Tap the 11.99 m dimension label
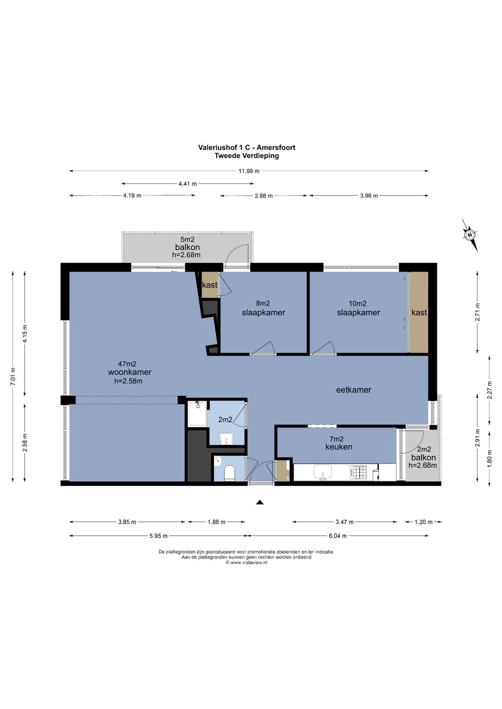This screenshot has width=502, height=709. [249, 171]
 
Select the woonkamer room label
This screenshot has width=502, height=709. [130, 372]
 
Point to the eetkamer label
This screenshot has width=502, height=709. [353, 390]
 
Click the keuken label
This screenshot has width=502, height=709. [338, 447]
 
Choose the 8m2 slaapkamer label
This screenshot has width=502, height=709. [264, 309]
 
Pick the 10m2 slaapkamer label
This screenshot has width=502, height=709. [358, 309]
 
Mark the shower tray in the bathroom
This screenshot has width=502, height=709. [198, 414]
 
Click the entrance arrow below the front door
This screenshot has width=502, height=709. [260, 502]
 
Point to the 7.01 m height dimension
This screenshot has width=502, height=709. [13, 376]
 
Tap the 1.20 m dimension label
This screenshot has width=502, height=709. [423, 522]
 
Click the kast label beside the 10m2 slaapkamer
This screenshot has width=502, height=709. [419, 313]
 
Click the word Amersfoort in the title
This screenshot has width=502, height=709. [276, 147]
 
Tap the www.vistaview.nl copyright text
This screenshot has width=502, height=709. [246, 563]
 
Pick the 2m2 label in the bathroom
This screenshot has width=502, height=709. [225, 420]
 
